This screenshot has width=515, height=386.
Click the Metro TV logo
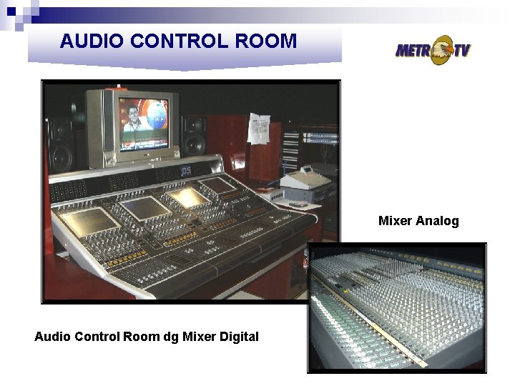pyautogui.click(x=433, y=50)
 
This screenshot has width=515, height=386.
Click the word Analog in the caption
pyautogui.click(x=438, y=221)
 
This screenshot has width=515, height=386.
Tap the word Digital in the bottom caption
pyautogui.click(x=237, y=336)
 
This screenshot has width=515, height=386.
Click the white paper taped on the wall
pyautogui.click(x=259, y=129)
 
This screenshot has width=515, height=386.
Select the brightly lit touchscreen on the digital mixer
pyautogui.click(x=187, y=197)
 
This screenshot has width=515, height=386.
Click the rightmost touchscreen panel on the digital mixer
pyautogui.click(x=219, y=185)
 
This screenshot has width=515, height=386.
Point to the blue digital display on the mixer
pyautogui.click(x=185, y=171)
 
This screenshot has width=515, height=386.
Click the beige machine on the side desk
pyautogui.click(x=305, y=184)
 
